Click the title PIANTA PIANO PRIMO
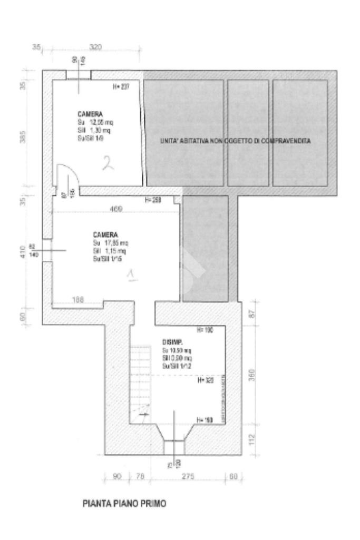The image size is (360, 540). [124, 504]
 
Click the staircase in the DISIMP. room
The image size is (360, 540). [140, 381]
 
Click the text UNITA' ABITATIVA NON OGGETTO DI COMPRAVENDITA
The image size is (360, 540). [235, 142]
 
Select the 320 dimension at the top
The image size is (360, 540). [95, 47]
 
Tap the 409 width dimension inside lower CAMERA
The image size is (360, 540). [116, 209]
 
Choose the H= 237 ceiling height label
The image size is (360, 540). [121, 86]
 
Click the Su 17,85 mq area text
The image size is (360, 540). [110, 243]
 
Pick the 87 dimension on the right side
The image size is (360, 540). [252, 315]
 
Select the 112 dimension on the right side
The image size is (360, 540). [252, 438]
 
